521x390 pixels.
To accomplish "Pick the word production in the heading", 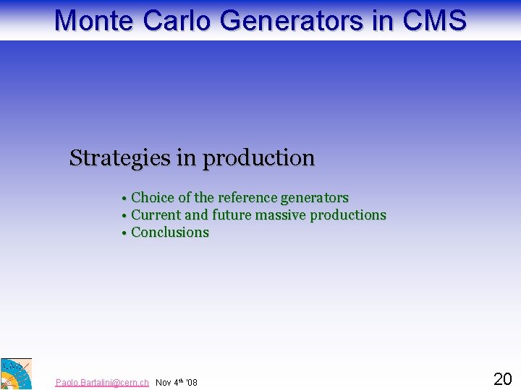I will click(258, 158).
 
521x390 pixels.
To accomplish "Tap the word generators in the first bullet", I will click(314, 198).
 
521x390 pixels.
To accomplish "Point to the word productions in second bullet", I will click(348, 215).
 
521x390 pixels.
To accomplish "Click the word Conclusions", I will click(170, 233).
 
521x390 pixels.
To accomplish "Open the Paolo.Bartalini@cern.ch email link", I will click(102, 382).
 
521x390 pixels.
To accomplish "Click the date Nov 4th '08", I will click(177, 382).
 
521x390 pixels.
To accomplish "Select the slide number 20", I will click(502, 378).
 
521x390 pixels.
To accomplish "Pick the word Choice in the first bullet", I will click(153, 198).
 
